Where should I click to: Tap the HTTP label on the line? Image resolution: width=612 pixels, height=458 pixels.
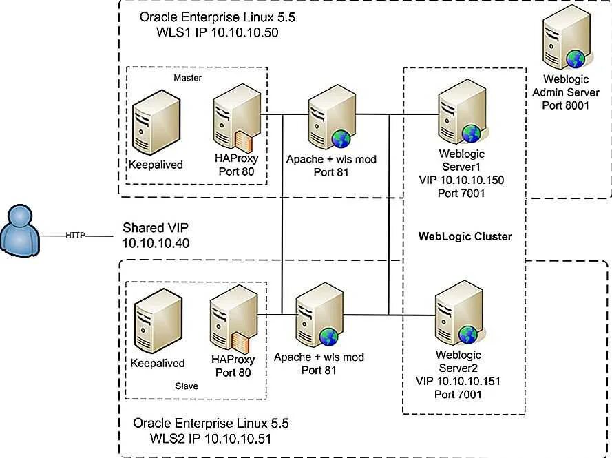[x=76, y=235]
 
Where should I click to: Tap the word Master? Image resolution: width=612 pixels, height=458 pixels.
[x=188, y=78]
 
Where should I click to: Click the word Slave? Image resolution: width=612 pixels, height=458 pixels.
[x=186, y=386]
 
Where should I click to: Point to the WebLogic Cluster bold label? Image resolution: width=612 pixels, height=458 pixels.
[x=465, y=236]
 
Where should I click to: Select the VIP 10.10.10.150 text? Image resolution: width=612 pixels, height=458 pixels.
[x=461, y=180]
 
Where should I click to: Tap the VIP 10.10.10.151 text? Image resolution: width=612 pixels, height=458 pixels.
[x=458, y=381]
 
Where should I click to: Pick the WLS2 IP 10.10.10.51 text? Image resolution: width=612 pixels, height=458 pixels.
[x=215, y=437]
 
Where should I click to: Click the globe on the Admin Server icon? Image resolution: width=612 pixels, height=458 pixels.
[x=574, y=57]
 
